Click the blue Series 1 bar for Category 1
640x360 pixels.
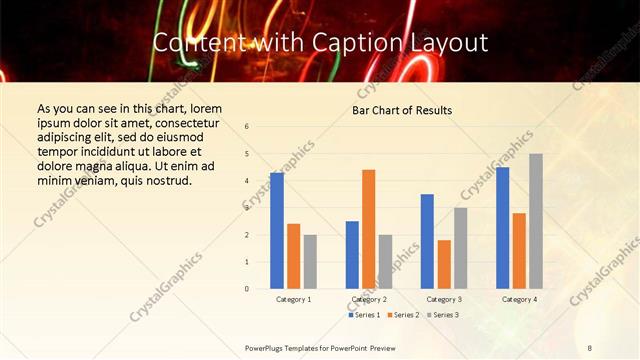(x=277, y=231)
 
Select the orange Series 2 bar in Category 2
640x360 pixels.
(x=368, y=229)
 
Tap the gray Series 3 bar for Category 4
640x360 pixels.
(x=536, y=221)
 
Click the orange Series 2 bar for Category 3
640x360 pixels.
(x=444, y=264)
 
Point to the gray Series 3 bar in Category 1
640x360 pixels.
(x=310, y=262)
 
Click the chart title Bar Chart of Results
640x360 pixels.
(x=402, y=110)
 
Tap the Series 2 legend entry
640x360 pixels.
(x=402, y=315)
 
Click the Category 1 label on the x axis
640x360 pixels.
(x=293, y=299)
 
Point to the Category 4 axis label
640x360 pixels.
(x=518, y=299)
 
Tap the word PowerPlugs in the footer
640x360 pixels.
(x=267, y=347)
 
